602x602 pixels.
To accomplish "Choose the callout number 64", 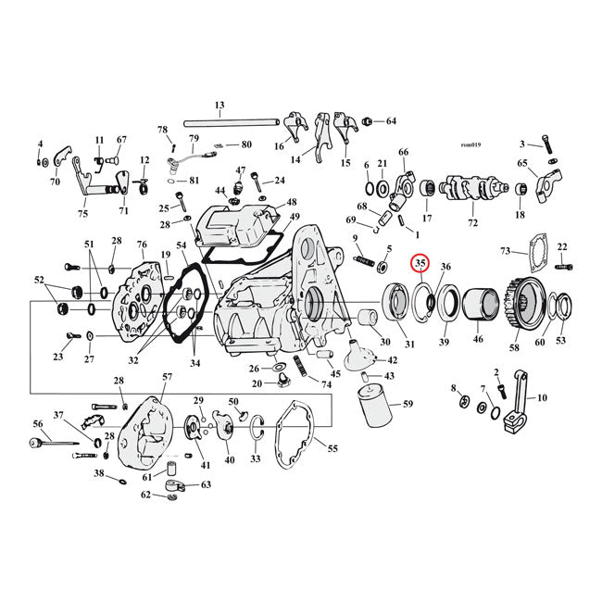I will tap(391, 121).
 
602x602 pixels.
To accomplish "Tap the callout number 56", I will tap(38, 423).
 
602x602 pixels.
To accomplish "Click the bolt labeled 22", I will tap(565, 267).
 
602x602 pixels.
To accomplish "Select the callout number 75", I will tap(82, 214).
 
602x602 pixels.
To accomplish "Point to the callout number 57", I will tap(167, 377).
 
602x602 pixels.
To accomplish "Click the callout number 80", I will tap(245, 144).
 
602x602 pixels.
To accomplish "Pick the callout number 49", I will tap(295, 218).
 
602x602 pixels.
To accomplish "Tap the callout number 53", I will tap(560, 342).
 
